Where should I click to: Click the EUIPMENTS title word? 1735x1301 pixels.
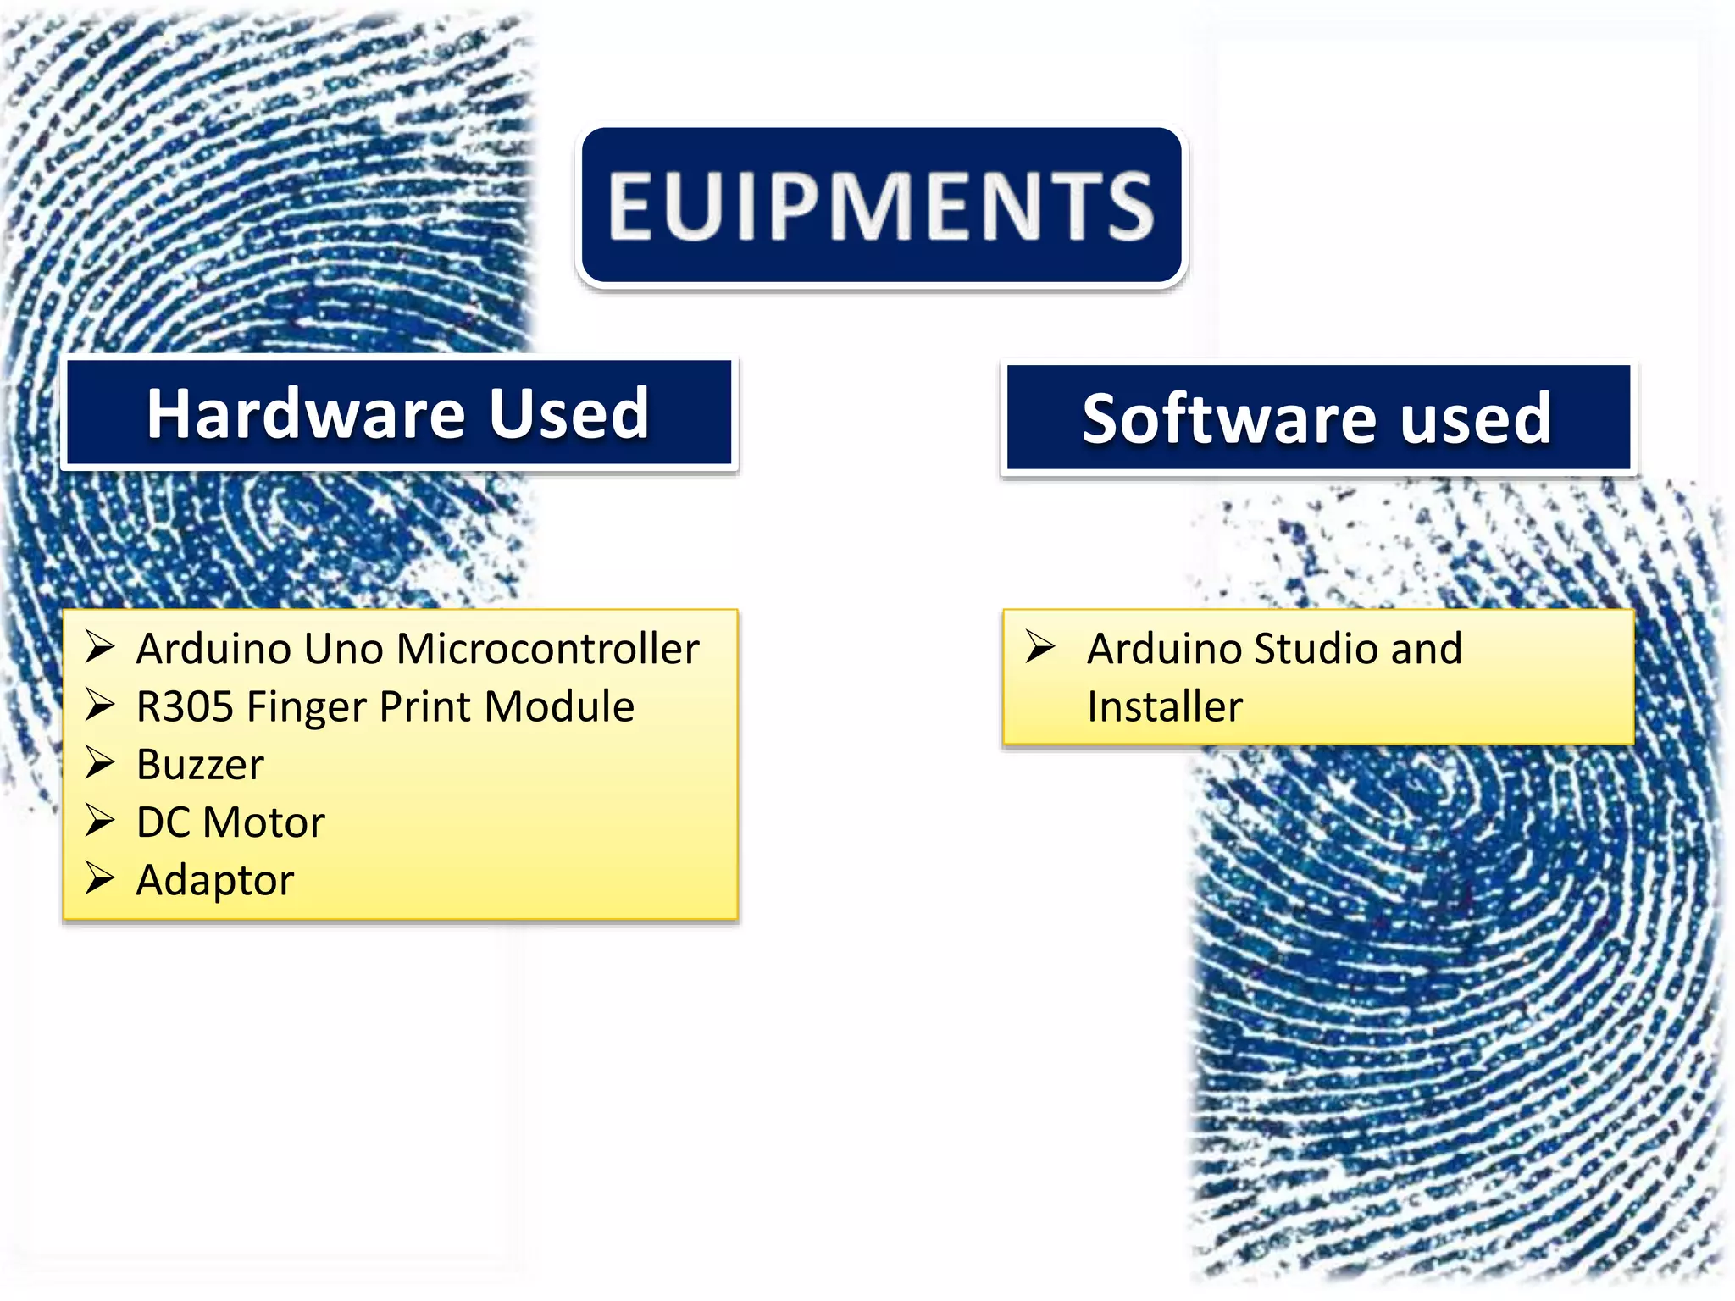881,206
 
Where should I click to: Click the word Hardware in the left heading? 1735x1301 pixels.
306,413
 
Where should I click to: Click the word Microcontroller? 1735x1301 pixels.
547,650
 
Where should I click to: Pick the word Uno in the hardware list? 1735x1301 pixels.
341,650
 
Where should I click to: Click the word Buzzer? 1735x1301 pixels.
200,765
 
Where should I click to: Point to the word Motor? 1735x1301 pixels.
263,822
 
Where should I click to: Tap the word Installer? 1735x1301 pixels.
1165,707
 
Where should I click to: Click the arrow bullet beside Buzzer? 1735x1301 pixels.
100,763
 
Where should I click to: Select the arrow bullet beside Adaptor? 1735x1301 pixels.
100,878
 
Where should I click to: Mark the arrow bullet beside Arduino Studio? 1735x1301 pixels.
1039,647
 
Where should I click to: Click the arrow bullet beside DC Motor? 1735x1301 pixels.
100,821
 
